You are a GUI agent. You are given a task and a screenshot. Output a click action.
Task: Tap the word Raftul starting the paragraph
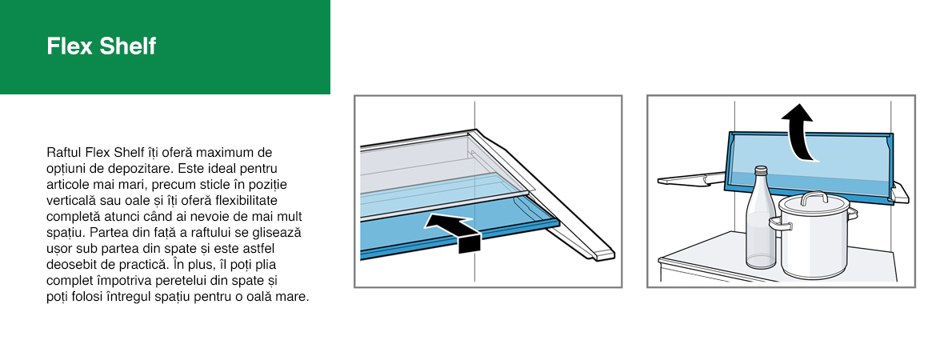coord(64,152)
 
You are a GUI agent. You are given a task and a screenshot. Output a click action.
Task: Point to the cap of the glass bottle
coord(761,170)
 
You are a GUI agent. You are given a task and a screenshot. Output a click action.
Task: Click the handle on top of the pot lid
coord(813,198)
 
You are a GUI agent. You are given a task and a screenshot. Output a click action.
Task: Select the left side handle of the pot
coord(778,225)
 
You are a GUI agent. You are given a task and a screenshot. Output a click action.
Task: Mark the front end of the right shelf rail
coord(604,255)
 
